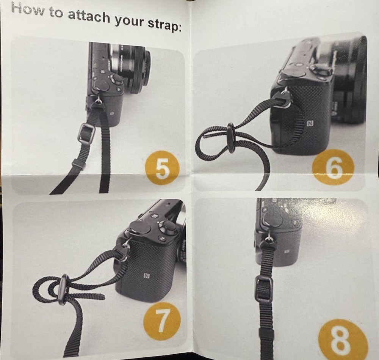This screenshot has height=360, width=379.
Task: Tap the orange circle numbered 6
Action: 333,167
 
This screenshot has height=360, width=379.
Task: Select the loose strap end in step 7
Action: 93,296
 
